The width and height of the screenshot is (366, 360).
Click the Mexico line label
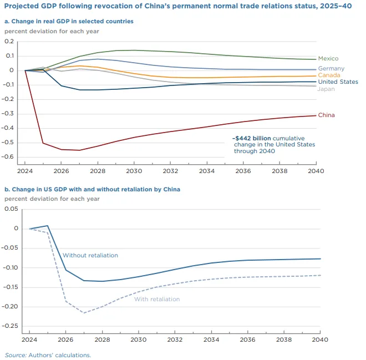point(328,59)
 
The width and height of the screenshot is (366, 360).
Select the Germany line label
point(331,69)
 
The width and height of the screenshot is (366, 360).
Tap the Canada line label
point(329,75)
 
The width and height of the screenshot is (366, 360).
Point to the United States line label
point(338,82)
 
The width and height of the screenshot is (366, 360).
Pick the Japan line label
point(326,89)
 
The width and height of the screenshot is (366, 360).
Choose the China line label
point(327,115)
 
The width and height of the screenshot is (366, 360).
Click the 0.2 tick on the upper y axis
point(9,42)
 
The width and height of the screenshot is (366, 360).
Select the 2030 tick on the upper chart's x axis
point(134,171)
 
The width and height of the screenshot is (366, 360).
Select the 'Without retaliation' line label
point(90,256)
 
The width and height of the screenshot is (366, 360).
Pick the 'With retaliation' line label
point(157,299)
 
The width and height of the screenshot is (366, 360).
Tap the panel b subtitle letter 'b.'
point(7,189)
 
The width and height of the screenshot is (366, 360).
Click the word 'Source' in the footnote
point(14,354)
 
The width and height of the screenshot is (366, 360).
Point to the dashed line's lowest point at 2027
point(84,313)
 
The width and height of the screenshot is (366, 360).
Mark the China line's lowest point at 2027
point(79,150)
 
